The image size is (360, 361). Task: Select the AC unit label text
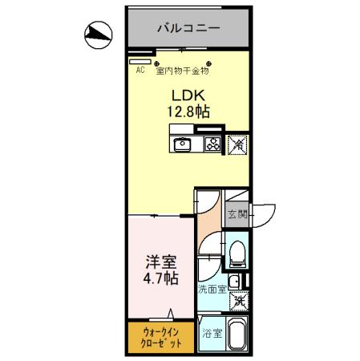140,70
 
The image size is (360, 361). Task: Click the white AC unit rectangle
140,60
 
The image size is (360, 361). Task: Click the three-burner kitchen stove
213,144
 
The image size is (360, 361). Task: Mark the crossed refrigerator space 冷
237,144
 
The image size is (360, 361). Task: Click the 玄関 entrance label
237,213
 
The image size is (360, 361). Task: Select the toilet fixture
237,254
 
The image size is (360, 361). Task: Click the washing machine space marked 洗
238,302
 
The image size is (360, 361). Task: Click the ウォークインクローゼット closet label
156,336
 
